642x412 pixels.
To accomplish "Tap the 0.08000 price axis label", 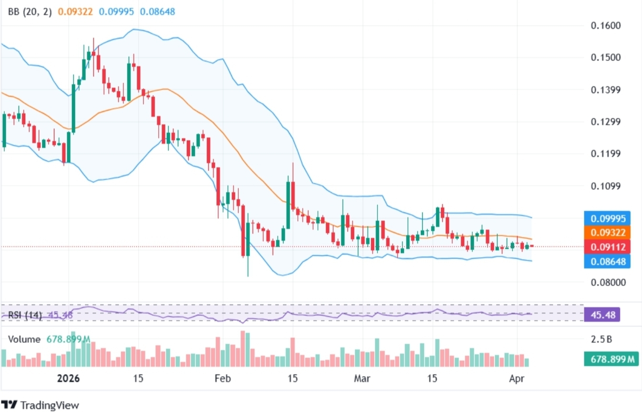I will [x=605, y=282].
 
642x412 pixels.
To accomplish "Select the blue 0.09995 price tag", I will [x=607, y=218].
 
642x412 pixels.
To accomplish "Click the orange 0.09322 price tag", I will [x=607, y=233].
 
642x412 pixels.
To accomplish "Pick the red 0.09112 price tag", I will [x=607, y=247].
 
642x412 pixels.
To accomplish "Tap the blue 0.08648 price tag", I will [x=607, y=261].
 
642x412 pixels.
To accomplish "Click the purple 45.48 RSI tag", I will [x=602, y=315].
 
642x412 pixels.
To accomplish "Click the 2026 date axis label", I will [x=69, y=379].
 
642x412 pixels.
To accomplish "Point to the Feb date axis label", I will [x=223, y=379].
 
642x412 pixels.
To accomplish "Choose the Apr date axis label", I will [x=517, y=379].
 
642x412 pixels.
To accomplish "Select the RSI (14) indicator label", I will [x=25, y=315].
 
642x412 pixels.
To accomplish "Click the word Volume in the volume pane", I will [x=24, y=340].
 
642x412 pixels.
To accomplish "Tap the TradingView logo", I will [x=40, y=405].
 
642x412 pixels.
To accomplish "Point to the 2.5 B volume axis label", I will [x=601, y=340].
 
